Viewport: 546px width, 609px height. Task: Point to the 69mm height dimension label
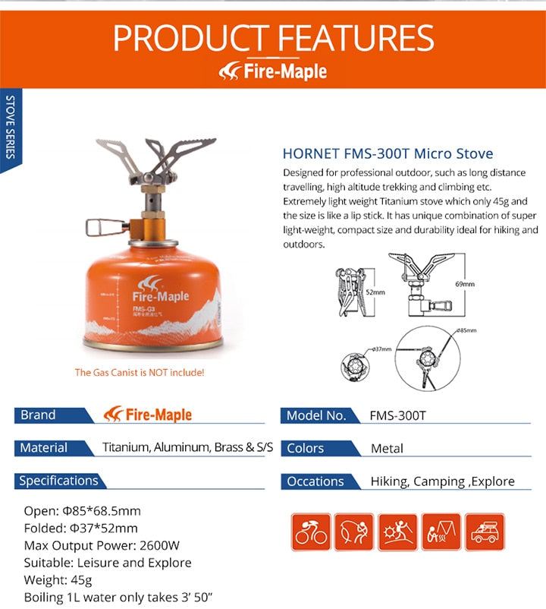[x=465, y=284]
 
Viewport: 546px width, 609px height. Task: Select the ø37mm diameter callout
[x=381, y=349]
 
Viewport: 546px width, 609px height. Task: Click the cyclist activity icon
[x=311, y=532]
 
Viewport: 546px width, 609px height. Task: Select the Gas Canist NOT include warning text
[x=139, y=373]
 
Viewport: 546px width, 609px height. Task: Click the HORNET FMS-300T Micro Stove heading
[x=388, y=154]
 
